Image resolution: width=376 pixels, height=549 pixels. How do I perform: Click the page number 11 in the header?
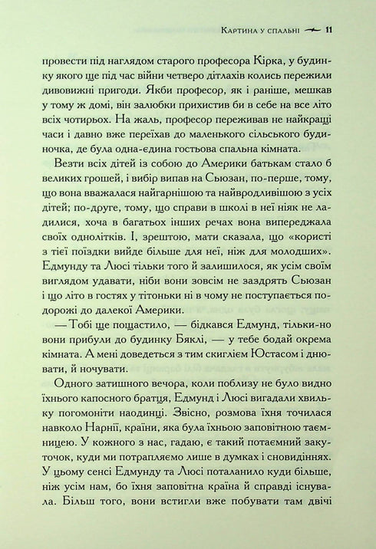point(329,31)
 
